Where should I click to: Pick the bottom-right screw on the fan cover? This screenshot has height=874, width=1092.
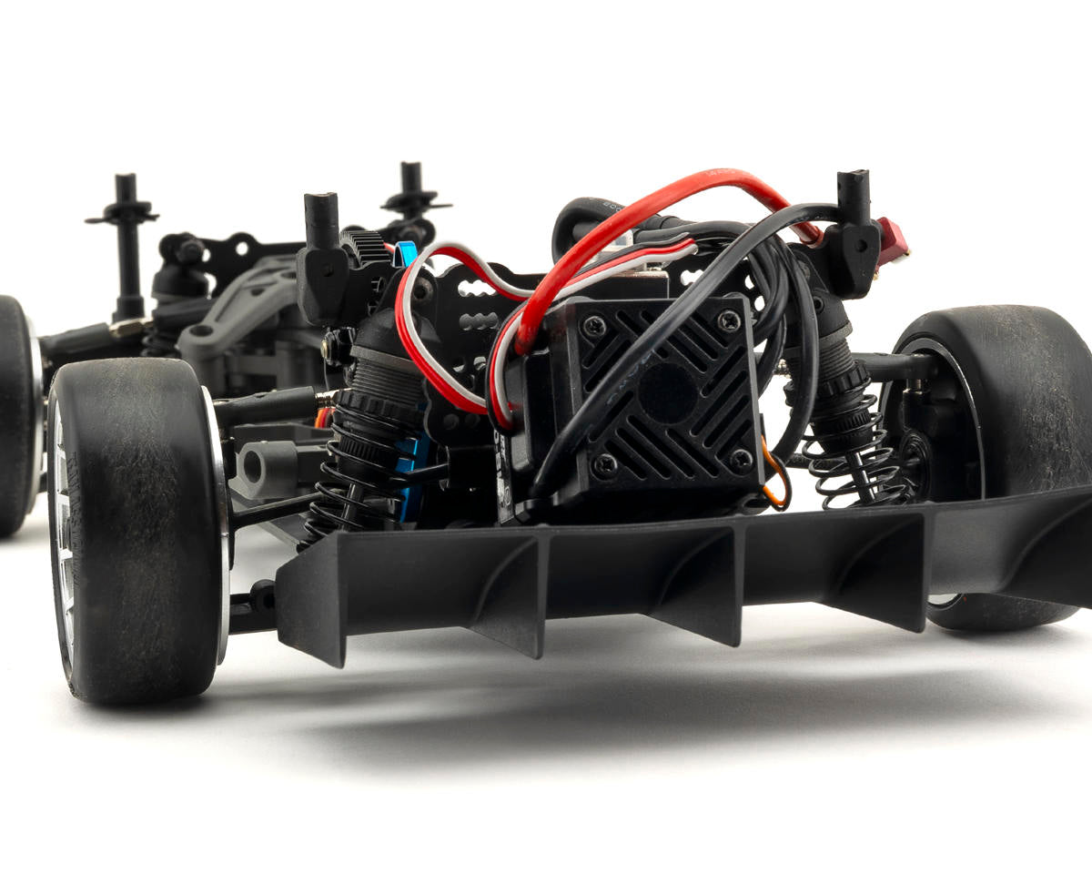pos(742,459)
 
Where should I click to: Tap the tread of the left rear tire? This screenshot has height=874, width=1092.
pos(136,528)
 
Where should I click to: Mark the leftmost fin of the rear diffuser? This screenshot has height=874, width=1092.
pos(314,601)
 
